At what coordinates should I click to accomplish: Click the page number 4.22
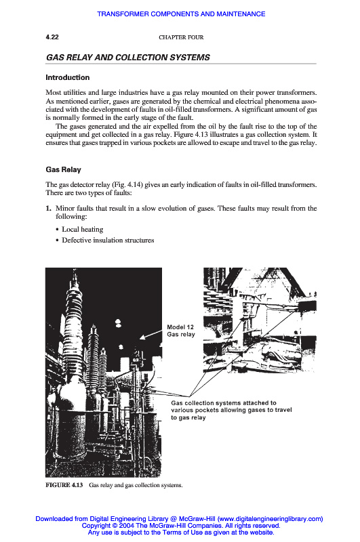click(52, 37)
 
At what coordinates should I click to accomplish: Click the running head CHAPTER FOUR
click(181, 37)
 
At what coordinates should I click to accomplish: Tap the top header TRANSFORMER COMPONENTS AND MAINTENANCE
click(181, 14)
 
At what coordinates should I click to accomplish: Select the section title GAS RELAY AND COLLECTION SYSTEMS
click(128, 58)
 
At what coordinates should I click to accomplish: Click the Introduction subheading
click(67, 77)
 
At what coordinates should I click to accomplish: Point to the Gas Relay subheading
click(63, 170)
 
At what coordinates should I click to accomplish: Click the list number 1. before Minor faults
click(48, 209)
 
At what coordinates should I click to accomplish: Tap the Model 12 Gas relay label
click(181, 331)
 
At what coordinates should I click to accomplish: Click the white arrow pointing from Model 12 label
click(151, 335)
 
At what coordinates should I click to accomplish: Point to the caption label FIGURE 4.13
click(64, 485)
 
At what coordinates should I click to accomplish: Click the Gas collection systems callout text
click(231, 411)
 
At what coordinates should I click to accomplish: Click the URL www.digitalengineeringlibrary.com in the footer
click(270, 519)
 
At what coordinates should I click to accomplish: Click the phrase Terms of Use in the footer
click(181, 533)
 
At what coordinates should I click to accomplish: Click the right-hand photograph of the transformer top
click(260, 320)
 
